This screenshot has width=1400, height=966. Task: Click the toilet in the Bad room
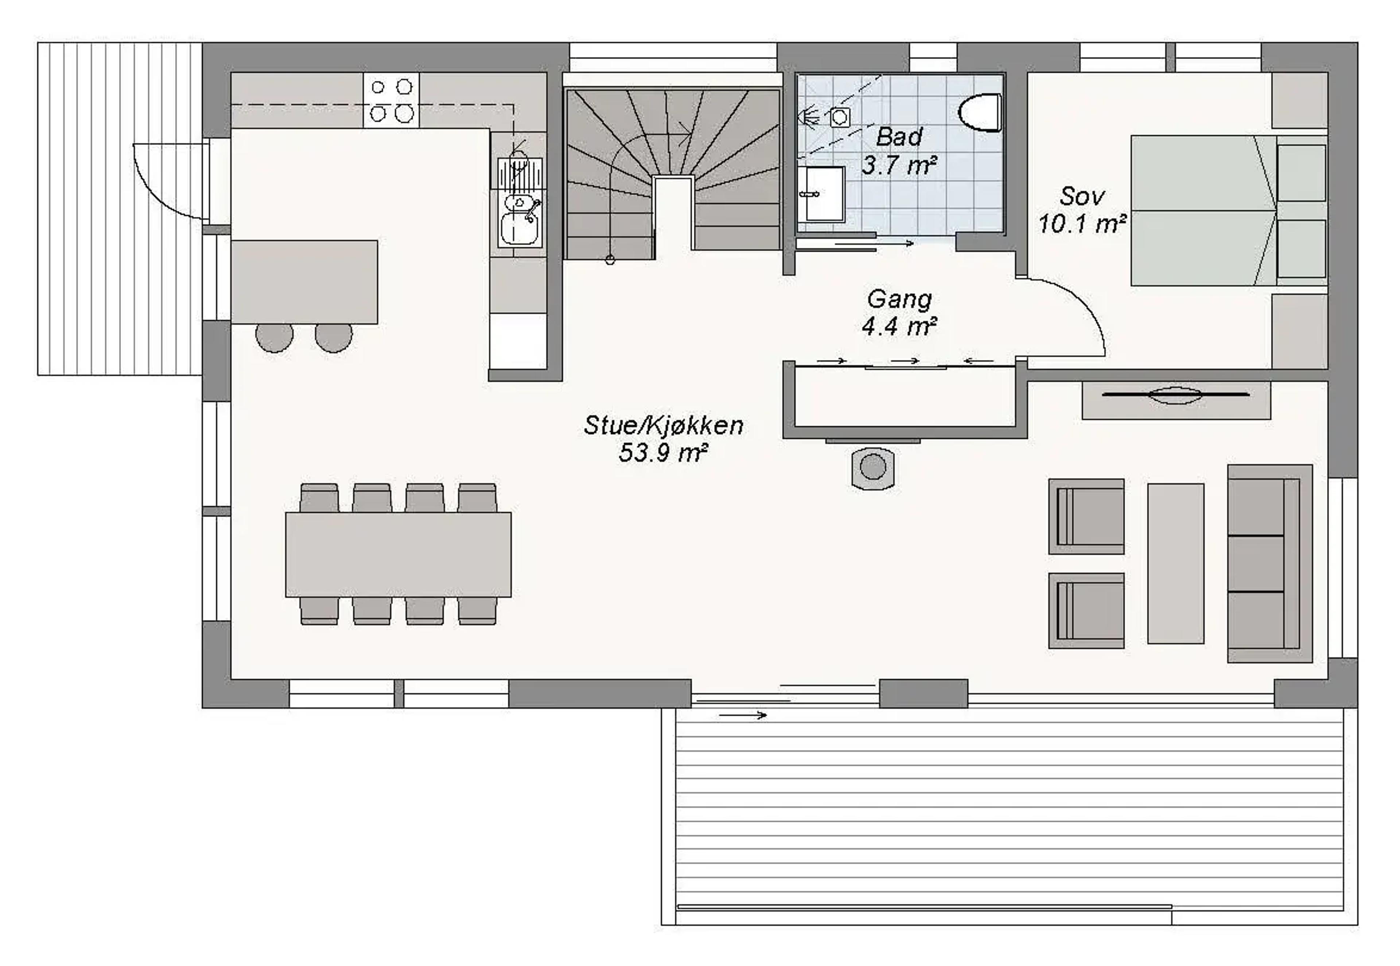tap(980, 112)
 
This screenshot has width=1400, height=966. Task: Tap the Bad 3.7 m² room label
tap(900, 151)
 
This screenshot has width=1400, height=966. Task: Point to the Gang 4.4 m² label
tap(900, 312)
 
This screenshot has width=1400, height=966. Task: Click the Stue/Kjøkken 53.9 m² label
tap(664, 439)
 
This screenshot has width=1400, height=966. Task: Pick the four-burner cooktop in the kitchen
tap(391, 101)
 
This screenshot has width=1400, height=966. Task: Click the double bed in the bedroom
tap(1229, 210)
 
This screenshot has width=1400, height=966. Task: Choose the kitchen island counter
tap(304, 282)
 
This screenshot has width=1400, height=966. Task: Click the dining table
tap(398, 554)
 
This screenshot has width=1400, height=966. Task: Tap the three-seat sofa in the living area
tap(1270, 563)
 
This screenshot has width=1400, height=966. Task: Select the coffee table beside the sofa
tap(1175, 563)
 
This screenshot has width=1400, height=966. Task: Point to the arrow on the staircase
tap(683, 134)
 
